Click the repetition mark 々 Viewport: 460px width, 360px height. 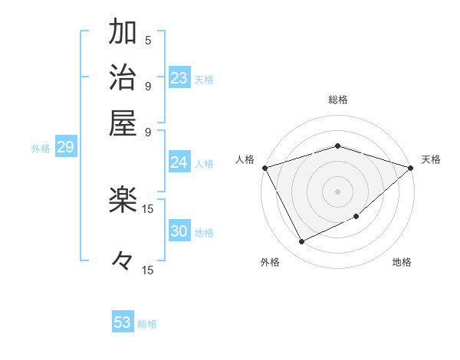coord(123,261)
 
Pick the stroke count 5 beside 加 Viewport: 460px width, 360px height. coord(148,41)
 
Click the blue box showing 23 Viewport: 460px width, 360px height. coord(179,77)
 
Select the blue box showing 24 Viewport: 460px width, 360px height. coord(179,162)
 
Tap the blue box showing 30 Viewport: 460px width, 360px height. coord(179,232)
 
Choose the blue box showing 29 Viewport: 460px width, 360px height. coord(65,147)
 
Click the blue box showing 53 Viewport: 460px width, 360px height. coord(123,322)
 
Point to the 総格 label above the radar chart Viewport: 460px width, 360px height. coord(337,100)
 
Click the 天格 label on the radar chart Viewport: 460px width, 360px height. coord(432,159)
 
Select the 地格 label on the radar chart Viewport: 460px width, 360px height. coord(402,262)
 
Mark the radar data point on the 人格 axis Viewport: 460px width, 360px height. coord(265,168)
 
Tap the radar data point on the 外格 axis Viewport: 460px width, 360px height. coord(301,242)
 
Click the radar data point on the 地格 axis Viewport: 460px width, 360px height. coord(357,217)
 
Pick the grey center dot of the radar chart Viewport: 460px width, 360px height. coord(337,191)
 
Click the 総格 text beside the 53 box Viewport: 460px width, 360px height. coord(147,324)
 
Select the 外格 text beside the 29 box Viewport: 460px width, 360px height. coord(40,149)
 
